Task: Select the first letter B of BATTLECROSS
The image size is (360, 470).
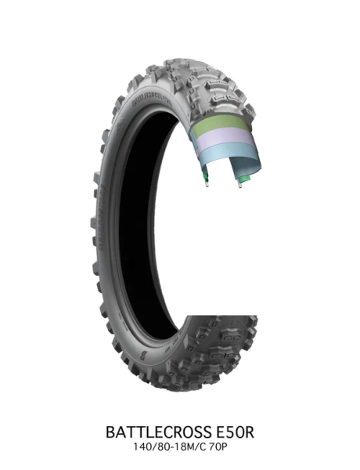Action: pos(110,432)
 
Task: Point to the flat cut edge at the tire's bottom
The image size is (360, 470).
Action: pos(219,315)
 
